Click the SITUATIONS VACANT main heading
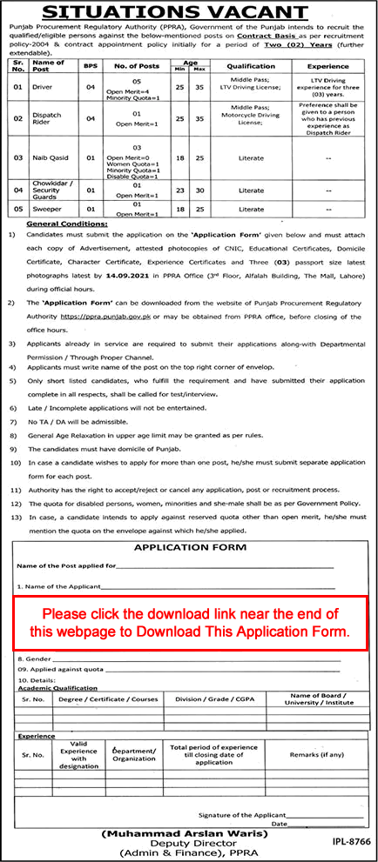tap(189, 13)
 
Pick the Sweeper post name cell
tap(44, 210)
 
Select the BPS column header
tap(87, 65)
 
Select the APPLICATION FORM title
tap(187, 548)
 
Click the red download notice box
tap(189, 623)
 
